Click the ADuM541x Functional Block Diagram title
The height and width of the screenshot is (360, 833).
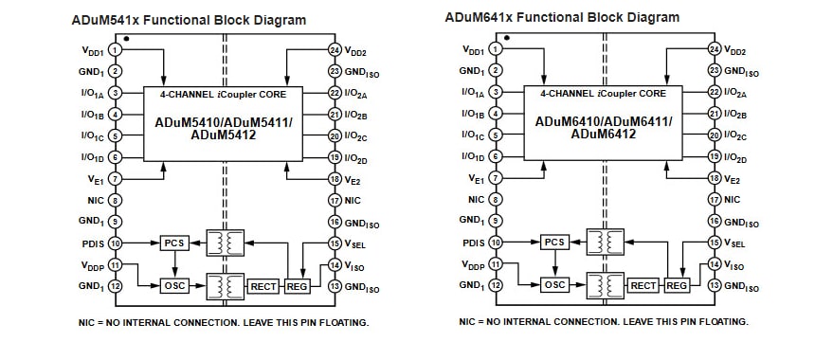point(189,19)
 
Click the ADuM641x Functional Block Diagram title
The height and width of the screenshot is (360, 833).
point(562,17)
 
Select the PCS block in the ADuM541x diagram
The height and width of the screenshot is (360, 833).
point(174,243)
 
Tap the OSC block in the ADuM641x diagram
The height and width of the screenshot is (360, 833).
point(555,285)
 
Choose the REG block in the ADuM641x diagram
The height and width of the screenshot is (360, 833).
point(677,285)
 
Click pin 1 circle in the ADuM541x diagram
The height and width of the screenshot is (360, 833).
point(115,49)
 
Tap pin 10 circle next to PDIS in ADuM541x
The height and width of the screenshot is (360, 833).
point(115,243)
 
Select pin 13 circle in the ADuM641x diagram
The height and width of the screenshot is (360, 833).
point(715,285)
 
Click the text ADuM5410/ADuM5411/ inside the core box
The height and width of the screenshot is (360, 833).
point(224,122)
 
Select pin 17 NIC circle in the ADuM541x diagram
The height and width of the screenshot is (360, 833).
point(335,200)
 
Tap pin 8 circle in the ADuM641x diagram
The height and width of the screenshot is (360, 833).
point(495,199)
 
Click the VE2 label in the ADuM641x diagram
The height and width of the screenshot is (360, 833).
point(733,179)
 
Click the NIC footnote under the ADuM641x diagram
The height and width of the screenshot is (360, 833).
point(603,322)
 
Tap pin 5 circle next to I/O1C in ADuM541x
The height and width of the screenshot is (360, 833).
point(115,135)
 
